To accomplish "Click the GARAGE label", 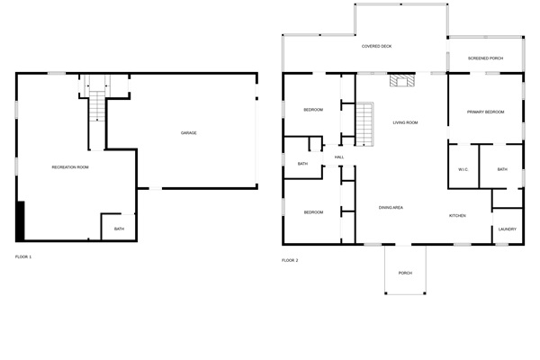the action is coord(189,132).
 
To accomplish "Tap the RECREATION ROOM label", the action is coord(70,167).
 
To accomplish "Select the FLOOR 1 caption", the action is coord(23,256).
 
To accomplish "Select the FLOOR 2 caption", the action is coord(290,260).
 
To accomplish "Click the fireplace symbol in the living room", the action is coord(402,81).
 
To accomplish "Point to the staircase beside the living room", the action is coord(364,124).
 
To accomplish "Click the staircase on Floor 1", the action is coord(97,106).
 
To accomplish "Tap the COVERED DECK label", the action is coord(376,46).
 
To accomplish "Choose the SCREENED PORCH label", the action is coord(485,58).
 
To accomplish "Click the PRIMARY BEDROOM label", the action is coord(485,112).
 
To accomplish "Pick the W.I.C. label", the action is coord(463,169).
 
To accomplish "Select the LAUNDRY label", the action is coord(508,229).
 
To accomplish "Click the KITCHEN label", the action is coord(457,216).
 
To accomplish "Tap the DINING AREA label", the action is coord(391,207).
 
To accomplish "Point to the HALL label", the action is coord(339,157).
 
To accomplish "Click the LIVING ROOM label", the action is coord(405,122).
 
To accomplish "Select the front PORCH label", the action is coord(405,273).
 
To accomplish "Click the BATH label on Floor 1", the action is coord(119,229).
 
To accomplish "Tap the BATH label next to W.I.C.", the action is coord(502,169).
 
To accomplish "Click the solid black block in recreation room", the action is coord(21,220).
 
